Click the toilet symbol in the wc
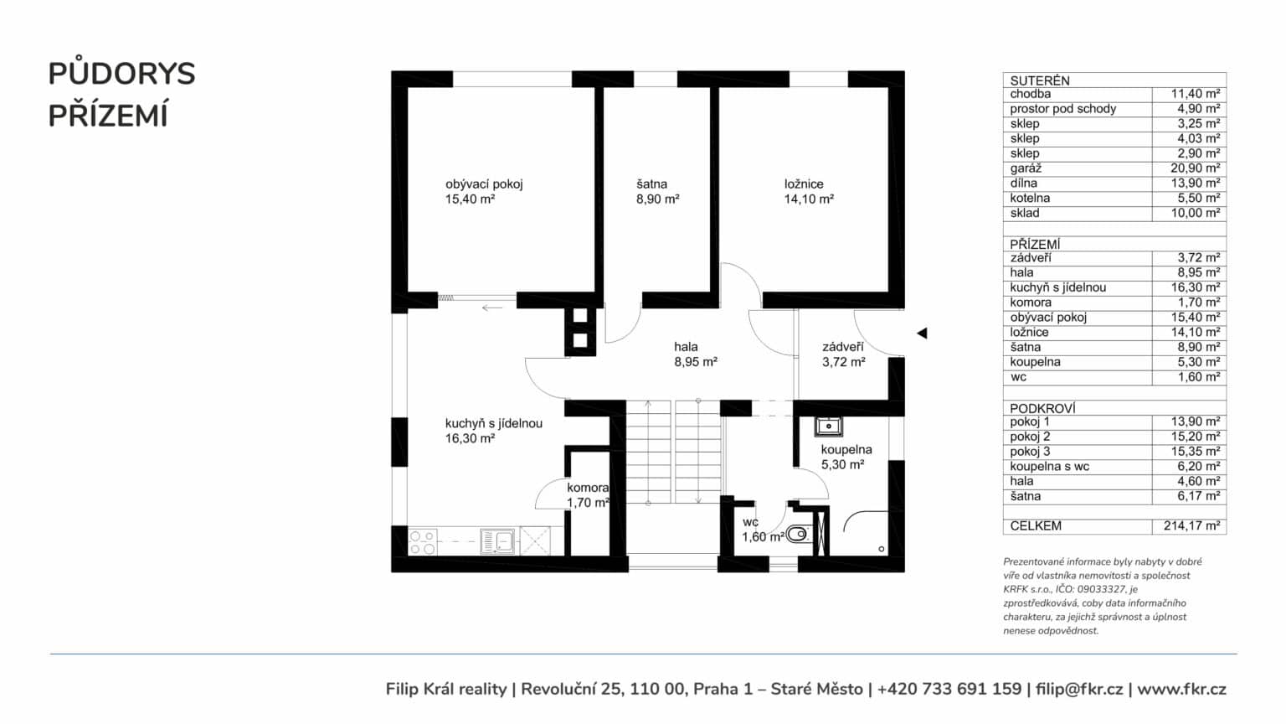799,535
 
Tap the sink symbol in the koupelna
828,427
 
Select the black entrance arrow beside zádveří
922,334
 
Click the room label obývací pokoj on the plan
484,184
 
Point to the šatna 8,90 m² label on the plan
657,192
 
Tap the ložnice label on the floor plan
804,184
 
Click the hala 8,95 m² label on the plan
696,354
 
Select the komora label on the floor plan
588,488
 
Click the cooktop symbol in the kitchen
422,542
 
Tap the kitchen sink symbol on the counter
497,541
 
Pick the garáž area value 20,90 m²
1196,168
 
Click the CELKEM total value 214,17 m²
1192,525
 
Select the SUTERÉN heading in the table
1040,81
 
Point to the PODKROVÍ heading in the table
1042,409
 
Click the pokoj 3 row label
1030,452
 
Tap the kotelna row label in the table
1030,199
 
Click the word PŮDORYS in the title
121,74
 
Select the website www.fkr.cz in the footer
1181,689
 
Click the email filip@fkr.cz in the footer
1079,689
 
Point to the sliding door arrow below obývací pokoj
492,308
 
